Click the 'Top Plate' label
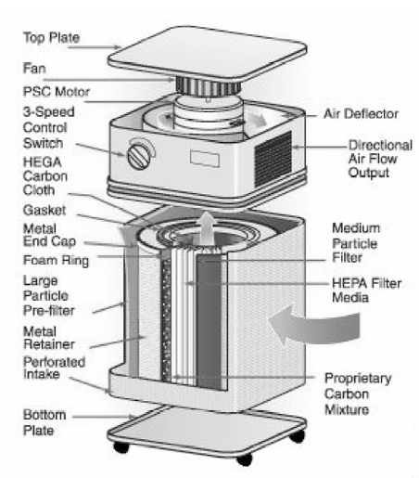click(x=52, y=38)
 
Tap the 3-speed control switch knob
click(x=139, y=157)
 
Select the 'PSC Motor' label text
click(x=57, y=92)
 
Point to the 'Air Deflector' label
click(x=362, y=114)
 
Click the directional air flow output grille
click(x=273, y=159)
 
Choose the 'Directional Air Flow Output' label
click(x=380, y=159)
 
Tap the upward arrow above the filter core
click(x=207, y=226)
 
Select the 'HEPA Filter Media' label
click(x=367, y=291)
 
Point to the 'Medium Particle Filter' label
click(x=356, y=243)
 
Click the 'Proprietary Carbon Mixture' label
click(x=358, y=394)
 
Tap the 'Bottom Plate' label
click(x=44, y=422)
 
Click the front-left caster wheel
click(x=121, y=446)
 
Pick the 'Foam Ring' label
click(x=56, y=261)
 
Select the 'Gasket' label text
click(x=44, y=211)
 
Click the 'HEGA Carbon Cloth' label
click(x=45, y=176)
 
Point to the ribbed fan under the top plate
click(x=209, y=86)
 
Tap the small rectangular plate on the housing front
click(x=205, y=159)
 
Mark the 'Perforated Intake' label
click(x=54, y=368)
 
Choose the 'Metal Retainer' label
click(x=49, y=338)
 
